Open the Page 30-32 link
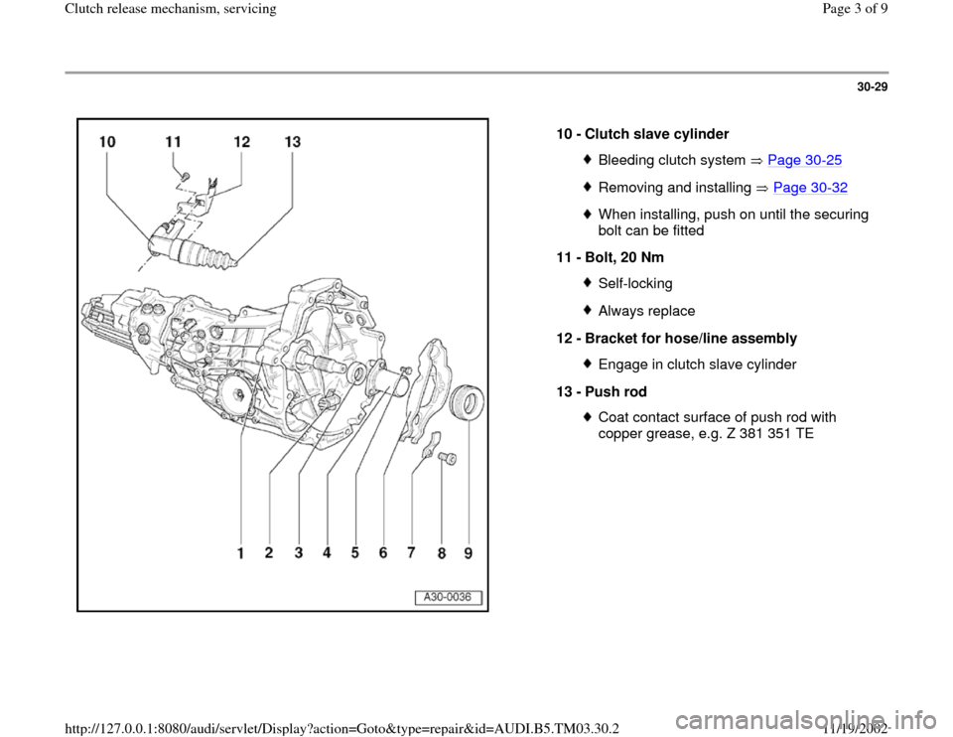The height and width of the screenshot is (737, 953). coord(810,188)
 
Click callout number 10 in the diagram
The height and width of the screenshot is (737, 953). coord(107,143)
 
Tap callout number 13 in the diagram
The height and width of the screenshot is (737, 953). coord(292,143)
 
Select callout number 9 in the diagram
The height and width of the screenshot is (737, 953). coord(468,555)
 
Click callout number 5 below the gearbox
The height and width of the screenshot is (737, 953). coord(354,556)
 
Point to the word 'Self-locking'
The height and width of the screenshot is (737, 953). coord(635,284)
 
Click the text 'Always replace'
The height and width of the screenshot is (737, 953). coord(646,311)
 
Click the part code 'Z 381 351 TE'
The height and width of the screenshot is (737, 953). coord(765,433)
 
